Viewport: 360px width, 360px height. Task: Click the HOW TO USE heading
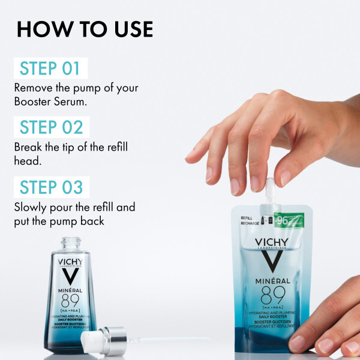coord(85,29)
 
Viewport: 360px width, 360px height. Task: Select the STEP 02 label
coord(51,127)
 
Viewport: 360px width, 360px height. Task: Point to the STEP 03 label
coord(51,187)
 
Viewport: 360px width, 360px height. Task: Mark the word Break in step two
coord(28,148)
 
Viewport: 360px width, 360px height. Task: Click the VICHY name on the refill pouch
coord(272,243)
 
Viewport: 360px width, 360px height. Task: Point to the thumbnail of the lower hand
coord(298,343)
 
